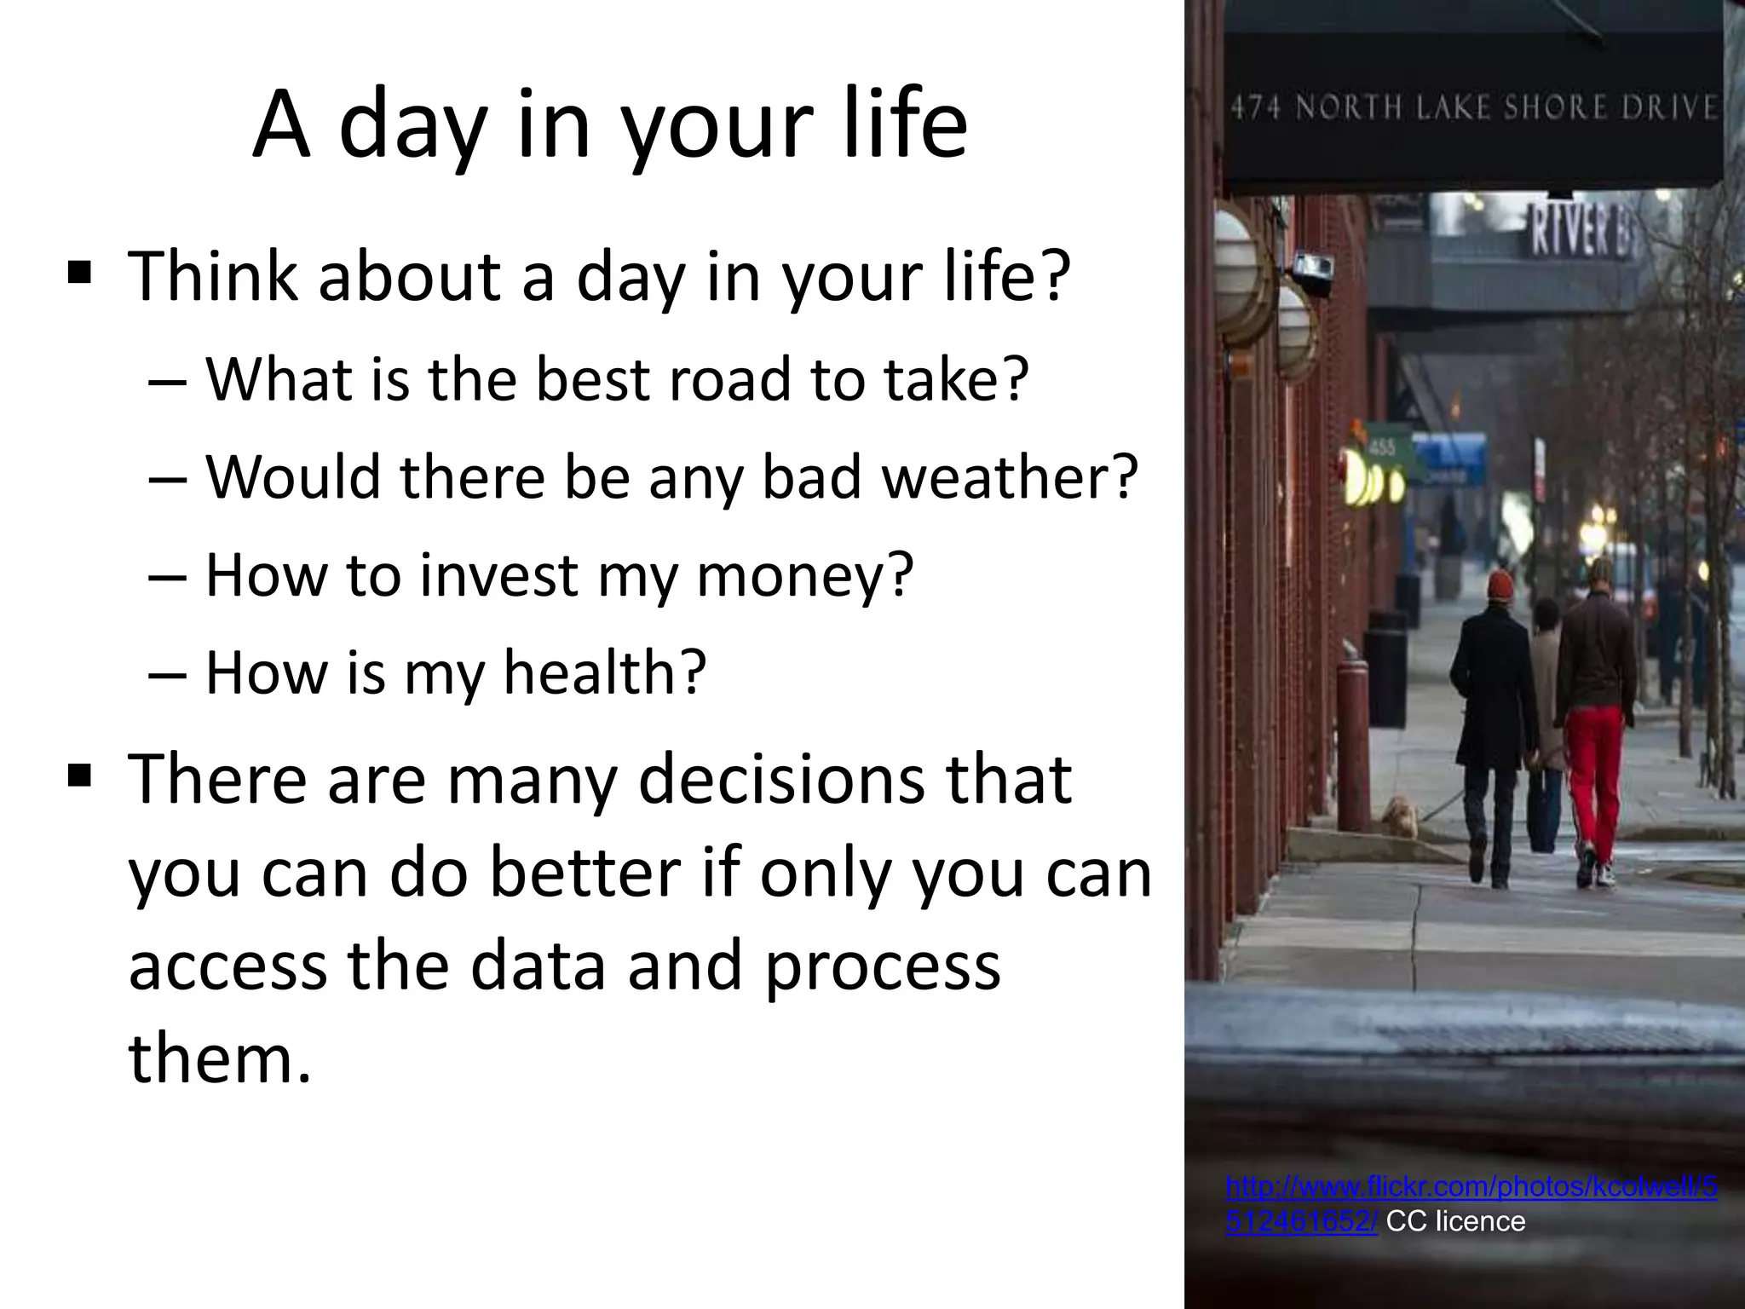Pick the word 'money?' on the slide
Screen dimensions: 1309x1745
pyautogui.click(x=805, y=575)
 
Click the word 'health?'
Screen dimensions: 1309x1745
pyautogui.click(x=605, y=672)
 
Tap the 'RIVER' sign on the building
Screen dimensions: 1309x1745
pyautogui.click(x=1578, y=232)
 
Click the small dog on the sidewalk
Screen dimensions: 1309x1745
pyautogui.click(x=1399, y=816)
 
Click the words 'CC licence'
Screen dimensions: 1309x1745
pyautogui.click(x=1455, y=1221)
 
